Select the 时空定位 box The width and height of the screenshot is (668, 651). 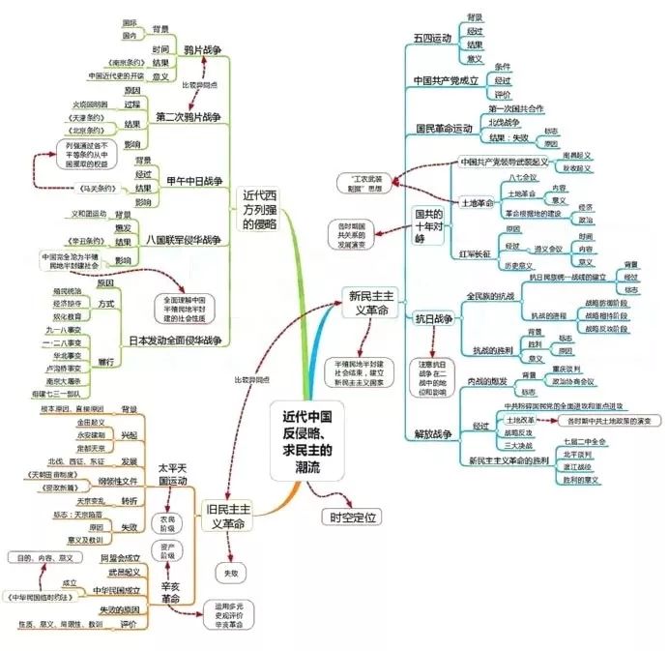(x=351, y=517)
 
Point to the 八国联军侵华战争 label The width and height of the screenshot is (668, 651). (x=186, y=237)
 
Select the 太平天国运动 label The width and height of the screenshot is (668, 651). (x=172, y=475)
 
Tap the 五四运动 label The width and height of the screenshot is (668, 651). (x=432, y=38)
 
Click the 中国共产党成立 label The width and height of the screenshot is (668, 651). (x=446, y=80)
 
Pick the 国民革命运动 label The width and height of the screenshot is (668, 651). (x=444, y=129)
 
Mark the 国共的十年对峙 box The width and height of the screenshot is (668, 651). (x=428, y=225)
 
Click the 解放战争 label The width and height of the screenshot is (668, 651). (x=433, y=435)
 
